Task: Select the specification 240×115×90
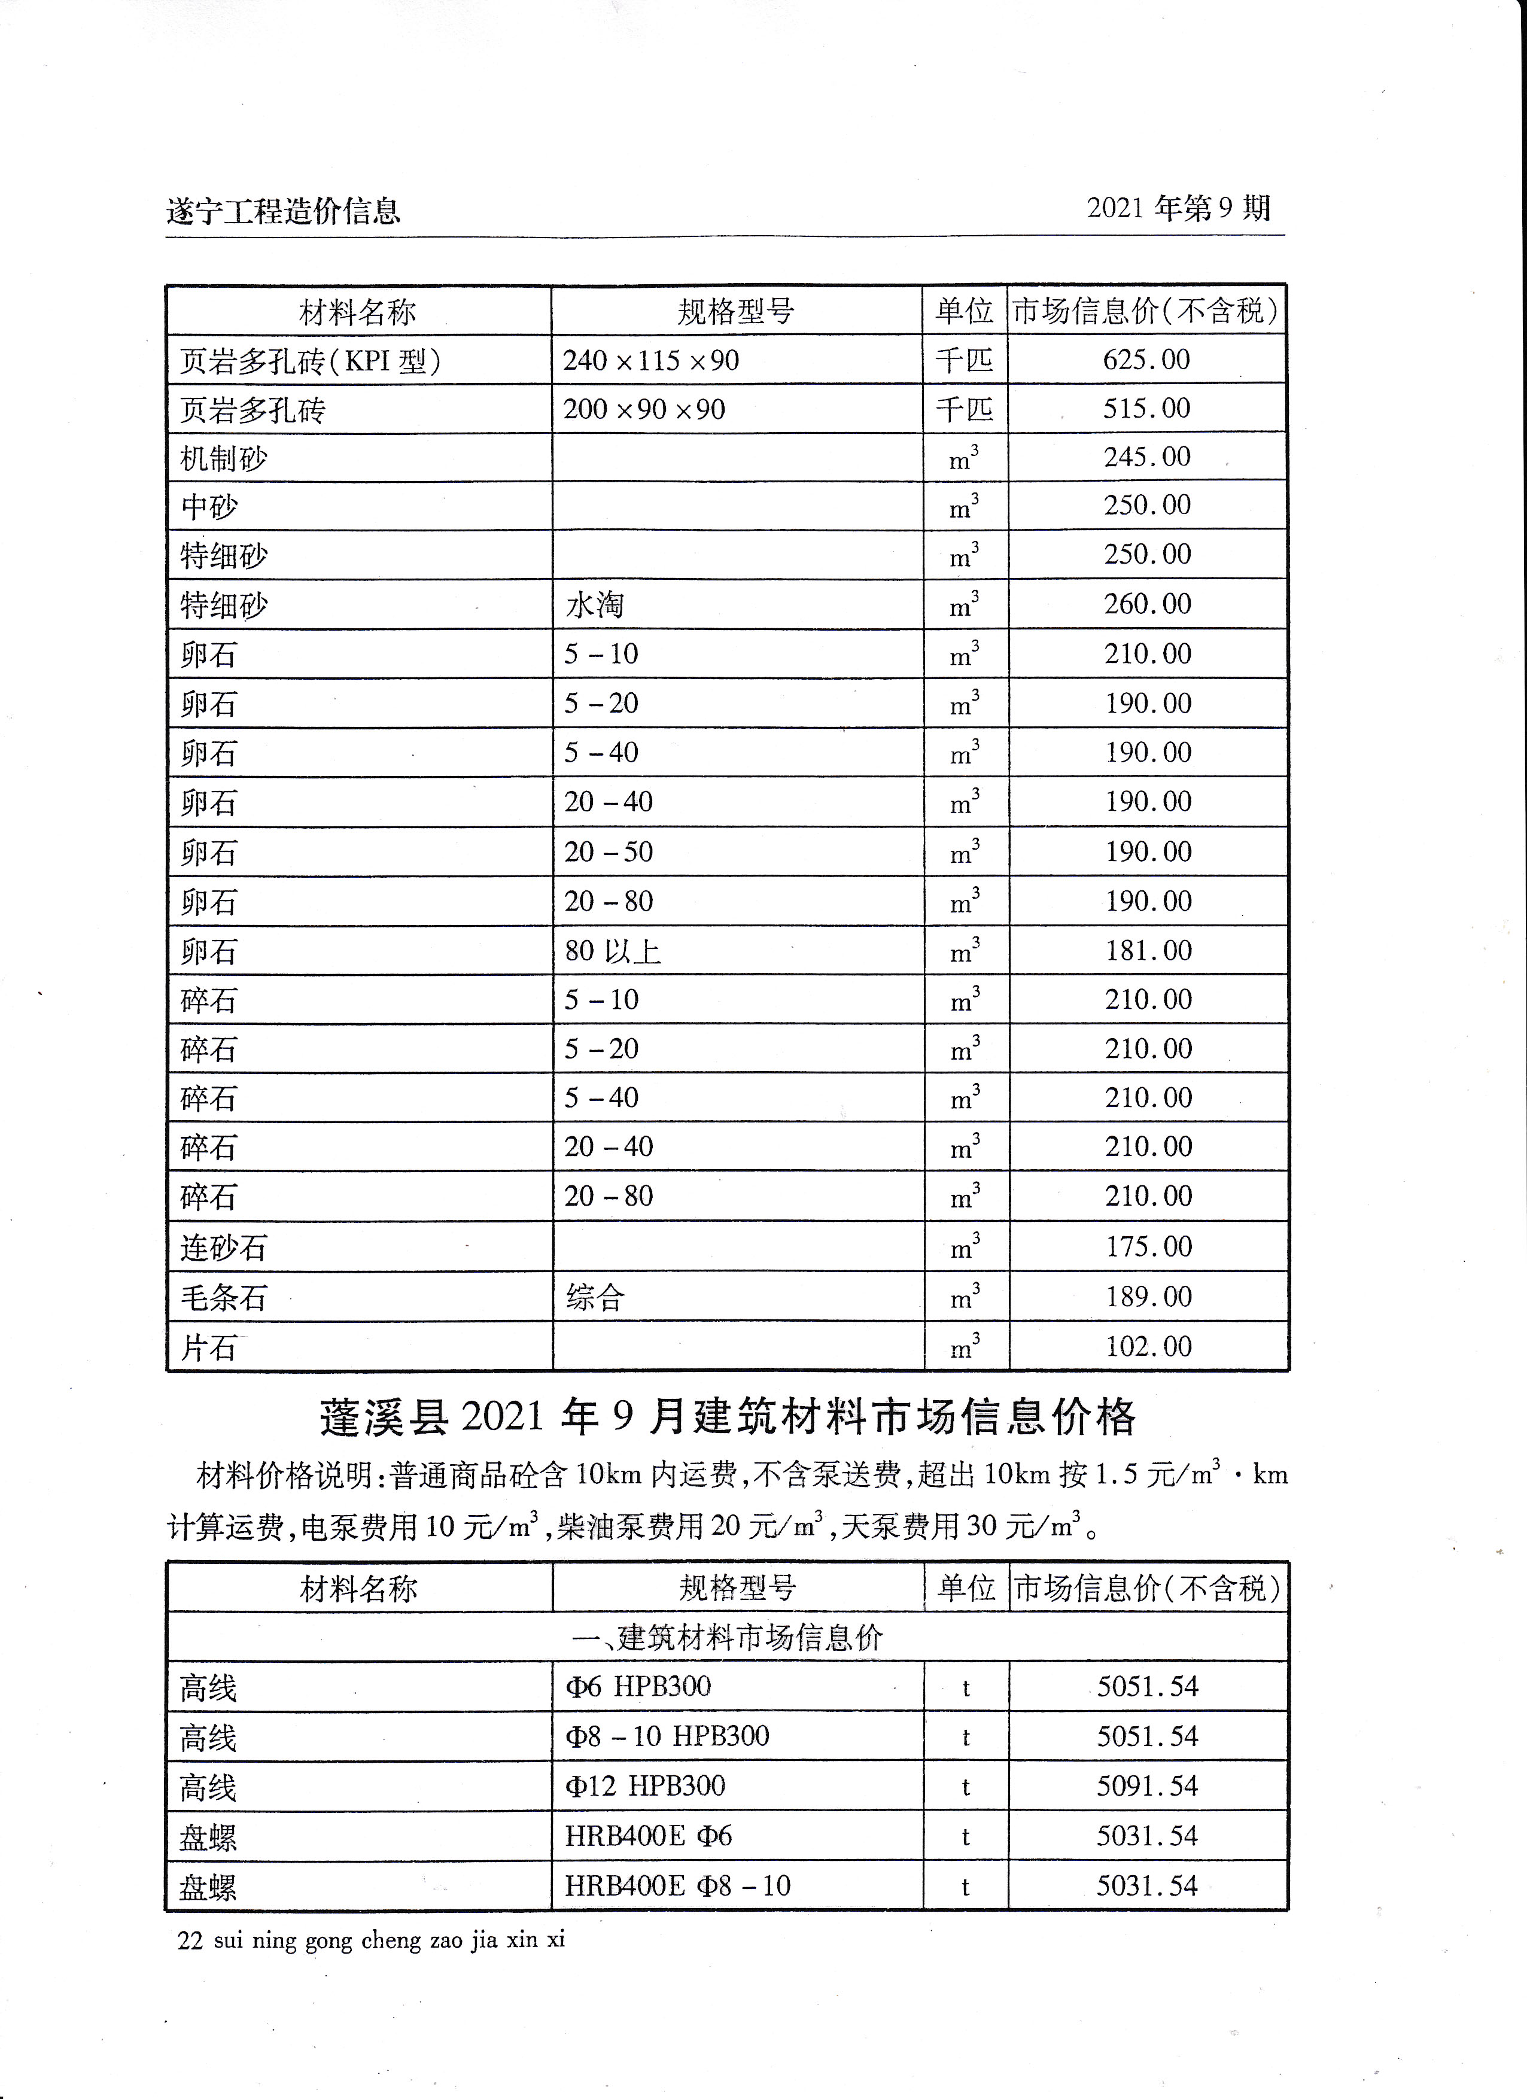[650, 360]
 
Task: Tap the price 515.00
[1146, 408]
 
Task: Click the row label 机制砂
[223, 458]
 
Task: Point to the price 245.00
[1146, 457]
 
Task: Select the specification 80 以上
[613, 950]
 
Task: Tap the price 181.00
[1148, 950]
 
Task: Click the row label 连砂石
[223, 1248]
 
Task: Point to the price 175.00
[1148, 1246]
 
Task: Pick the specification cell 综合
[595, 1297]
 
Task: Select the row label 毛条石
[223, 1297]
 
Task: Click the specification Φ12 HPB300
[645, 1785]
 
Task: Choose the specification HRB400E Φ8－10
[677, 1885]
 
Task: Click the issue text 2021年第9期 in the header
[1178, 208]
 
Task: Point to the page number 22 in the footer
[190, 1940]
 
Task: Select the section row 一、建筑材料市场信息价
[728, 1638]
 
